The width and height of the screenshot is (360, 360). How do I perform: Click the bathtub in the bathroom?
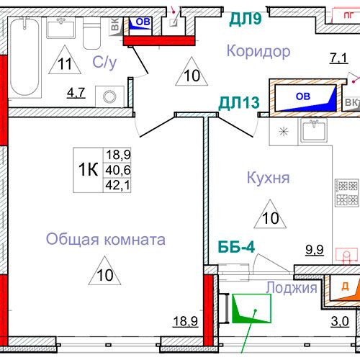pos(24,58)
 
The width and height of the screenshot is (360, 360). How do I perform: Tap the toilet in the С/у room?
pos(91,33)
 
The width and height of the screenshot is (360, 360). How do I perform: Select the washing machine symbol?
pos(109,96)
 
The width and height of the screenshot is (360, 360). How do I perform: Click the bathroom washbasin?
pos(61,28)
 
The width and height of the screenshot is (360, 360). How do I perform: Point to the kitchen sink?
pos(313,131)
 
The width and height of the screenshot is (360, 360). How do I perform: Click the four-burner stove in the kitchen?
pos(347,192)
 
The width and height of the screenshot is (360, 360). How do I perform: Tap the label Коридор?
pos(258,51)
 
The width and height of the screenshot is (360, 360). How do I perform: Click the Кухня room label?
pos(268,178)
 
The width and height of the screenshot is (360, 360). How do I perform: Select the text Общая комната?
pos(106,239)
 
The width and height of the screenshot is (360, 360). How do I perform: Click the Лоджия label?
pos(292,287)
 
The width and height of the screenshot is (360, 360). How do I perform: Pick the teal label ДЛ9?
pos(245,19)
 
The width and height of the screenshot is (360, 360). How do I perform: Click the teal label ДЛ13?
pos(239,103)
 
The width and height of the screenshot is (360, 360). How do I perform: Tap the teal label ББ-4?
pos(236,246)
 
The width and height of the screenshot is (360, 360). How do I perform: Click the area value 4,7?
pos(76,93)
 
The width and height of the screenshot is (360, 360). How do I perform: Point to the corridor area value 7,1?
pos(338,58)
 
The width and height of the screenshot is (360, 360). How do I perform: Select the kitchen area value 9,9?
pos(315,250)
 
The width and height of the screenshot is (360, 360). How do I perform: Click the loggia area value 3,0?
pos(340,321)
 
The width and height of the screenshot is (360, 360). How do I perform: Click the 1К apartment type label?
pos(88,169)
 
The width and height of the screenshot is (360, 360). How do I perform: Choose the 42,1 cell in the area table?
pos(118,185)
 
